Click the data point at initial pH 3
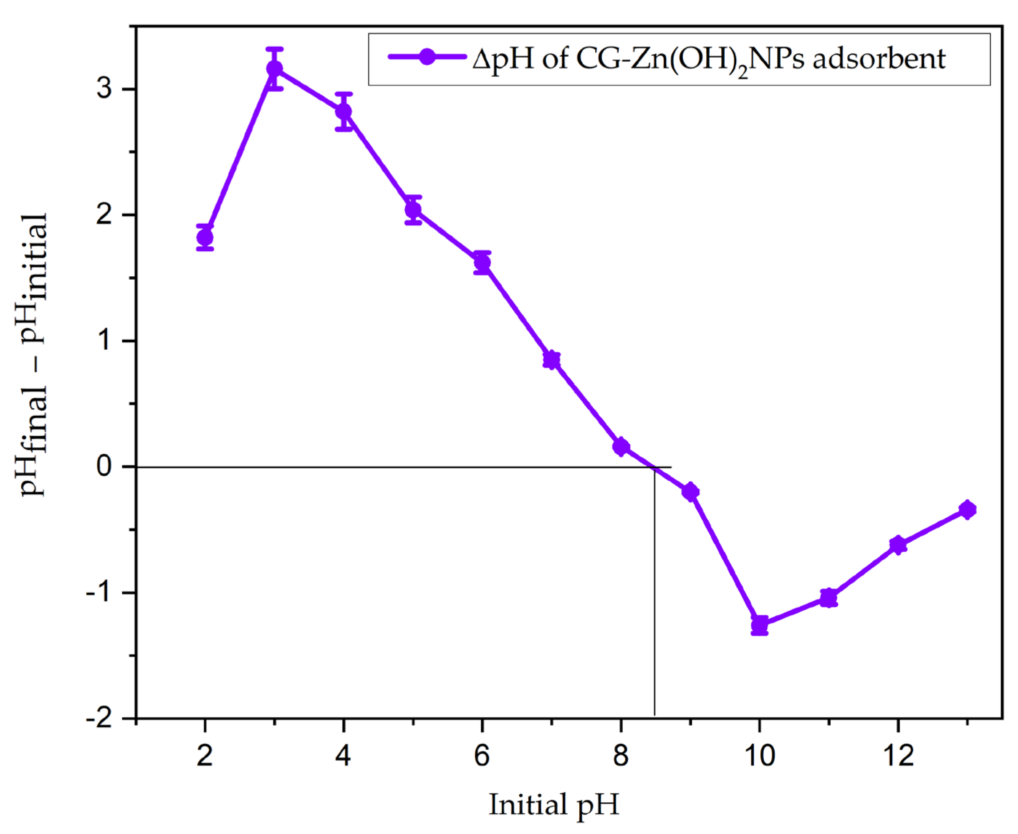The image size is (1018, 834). (274, 69)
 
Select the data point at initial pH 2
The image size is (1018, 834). (205, 238)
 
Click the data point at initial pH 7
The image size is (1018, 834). (551, 360)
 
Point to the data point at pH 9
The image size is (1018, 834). (690, 491)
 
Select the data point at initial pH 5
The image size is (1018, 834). (413, 210)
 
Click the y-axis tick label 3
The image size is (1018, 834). (105, 89)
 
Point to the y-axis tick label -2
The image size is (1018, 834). (99, 719)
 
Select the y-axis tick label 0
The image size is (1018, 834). (105, 467)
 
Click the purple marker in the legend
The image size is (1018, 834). (427, 57)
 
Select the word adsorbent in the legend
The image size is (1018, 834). (879, 59)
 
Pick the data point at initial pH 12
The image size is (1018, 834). (898, 545)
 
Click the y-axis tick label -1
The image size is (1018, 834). (99, 592)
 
